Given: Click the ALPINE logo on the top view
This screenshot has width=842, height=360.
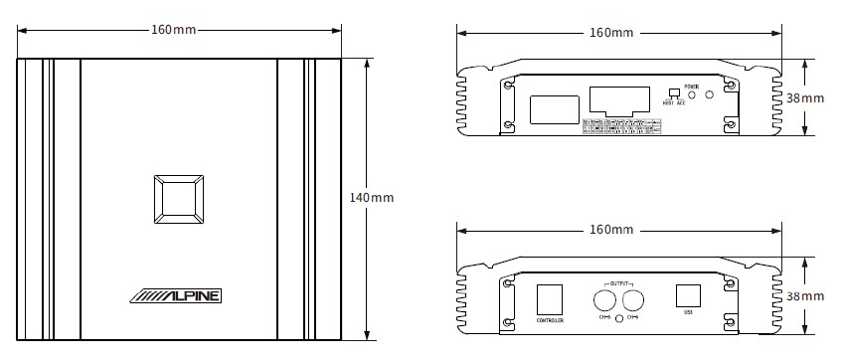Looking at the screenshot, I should click(x=178, y=295).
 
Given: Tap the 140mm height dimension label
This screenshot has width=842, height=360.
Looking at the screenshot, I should click(x=372, y=198).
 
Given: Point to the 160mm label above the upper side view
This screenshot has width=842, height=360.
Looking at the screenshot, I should click(x=610, y=34).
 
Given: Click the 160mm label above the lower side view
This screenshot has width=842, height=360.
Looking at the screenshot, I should click(x=610, y=230).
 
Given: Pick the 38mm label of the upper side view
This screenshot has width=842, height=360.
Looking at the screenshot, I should click(x=804, y=98).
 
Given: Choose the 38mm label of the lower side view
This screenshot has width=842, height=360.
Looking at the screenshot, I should click(x=804, y=296).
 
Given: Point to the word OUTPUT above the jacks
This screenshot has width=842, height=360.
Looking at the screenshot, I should click(x=619, y=283).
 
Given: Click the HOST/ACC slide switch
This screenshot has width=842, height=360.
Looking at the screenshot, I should click(x=674, y=93).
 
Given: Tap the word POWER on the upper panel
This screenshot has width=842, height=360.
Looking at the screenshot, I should click(x=692, y=88).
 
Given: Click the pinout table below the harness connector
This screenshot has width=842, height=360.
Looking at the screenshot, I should click(x=621, y=126).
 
